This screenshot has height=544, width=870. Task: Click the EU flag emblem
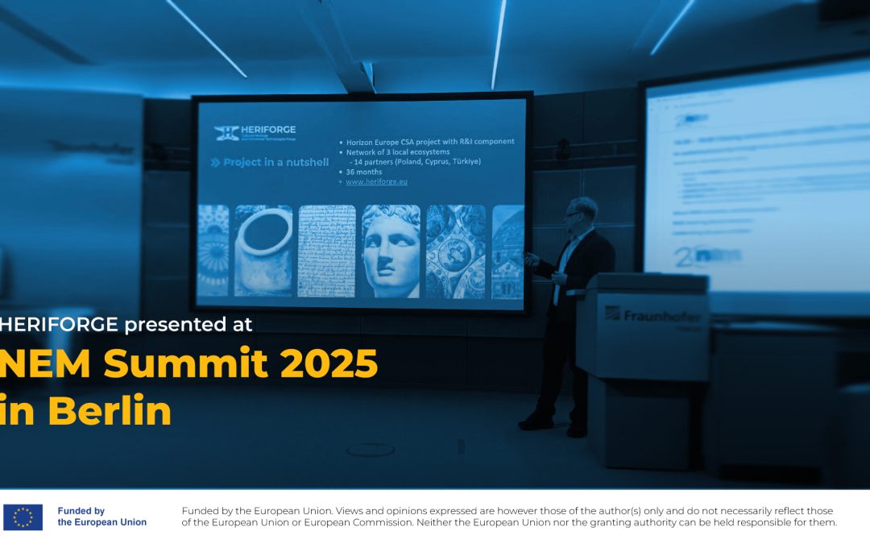point(23,517)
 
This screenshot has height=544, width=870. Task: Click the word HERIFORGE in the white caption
point(60,325)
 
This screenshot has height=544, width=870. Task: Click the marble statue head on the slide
point(391,251)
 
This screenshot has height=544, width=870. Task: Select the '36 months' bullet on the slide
point(364,171)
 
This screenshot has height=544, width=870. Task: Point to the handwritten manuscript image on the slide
point(326,251)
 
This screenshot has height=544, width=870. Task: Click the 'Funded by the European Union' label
point(101,517)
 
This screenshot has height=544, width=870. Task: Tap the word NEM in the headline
point(44,365)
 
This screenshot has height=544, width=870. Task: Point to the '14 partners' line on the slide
point(415,161)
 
